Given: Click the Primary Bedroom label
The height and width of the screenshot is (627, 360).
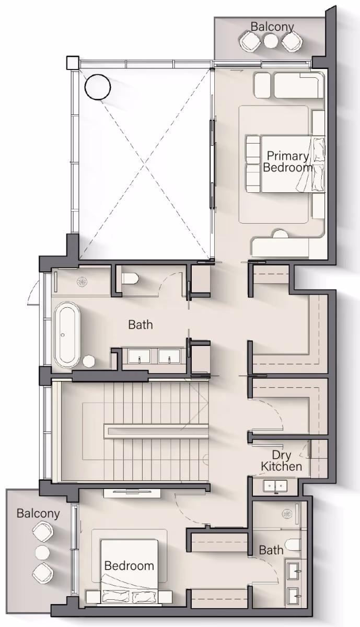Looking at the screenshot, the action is [x=288, y=161].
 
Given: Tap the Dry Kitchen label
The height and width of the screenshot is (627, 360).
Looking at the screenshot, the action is [x=281, y=461].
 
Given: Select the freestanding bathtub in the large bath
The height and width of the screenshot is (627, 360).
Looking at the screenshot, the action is [x=67, y=334].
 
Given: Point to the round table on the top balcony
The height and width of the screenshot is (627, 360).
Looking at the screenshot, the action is [x=271, y=41].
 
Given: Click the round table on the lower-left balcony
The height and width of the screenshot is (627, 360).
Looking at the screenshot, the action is [x=42, y=552].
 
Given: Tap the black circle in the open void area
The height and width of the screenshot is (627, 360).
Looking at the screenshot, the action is [x=98, y=87].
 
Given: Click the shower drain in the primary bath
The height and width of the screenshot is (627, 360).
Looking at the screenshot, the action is [x=82, y=282].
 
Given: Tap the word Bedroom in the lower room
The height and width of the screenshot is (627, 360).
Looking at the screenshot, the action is [x=129, y=566].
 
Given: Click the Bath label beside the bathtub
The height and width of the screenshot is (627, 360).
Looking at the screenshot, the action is [x=141, y=324].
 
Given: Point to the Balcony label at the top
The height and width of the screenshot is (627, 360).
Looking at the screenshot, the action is [x=272, y=27].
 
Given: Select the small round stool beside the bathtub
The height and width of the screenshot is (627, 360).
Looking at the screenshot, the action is [x=89, y=361].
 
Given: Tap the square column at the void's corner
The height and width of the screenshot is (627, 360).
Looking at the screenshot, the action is [x=72, y=63].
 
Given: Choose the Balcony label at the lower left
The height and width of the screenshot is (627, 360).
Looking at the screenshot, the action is [x=38, y=514].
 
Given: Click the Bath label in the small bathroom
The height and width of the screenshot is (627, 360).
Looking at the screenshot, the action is [x=271, y=550].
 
